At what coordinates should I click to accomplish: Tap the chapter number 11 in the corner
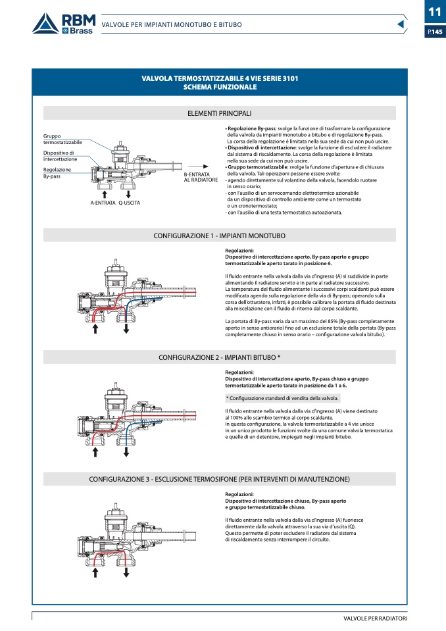(434, 12)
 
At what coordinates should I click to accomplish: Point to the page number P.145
(434, 32)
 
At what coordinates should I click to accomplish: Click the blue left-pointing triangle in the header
(401, 24)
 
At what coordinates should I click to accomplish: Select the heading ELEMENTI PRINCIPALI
(220, 113)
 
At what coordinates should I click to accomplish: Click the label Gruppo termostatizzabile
(62, 139)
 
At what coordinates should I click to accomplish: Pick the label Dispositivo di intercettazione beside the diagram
(60, 156)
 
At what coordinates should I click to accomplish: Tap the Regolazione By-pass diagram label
(57, 173)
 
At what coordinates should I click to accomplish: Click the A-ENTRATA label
(103, 203)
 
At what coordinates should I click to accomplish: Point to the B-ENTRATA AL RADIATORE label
(201, 177)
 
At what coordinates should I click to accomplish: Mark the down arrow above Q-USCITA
(128, 193)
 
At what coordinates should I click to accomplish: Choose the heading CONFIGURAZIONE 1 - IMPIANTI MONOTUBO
(220, 235)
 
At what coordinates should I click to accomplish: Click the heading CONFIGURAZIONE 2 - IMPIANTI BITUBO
(220, 357)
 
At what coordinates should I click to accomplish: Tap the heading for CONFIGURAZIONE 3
(220, 479)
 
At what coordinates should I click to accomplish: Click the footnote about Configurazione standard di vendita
(282, 399)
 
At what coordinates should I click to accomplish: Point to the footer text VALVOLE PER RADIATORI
(375, 619)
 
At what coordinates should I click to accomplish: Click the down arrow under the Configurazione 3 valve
(126, 572)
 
